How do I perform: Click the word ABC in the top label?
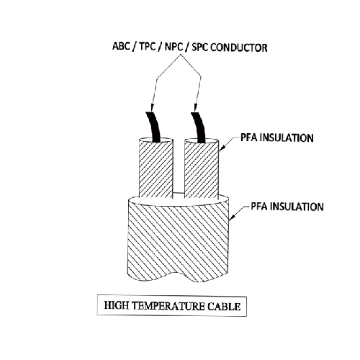tap(121, 46)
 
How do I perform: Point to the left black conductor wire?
tap(153, 127)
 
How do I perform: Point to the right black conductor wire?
tap(198, 127)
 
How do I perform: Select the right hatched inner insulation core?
tap(202, 168)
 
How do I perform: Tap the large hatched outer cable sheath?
tap(179, 240)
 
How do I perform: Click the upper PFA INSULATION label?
tap(277, 138)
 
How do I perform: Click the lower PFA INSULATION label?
tap(287, 207)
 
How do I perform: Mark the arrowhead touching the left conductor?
tap(151, 107)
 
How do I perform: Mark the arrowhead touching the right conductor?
tap(196, 108)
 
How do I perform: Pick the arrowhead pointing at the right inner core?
tap(222, 148)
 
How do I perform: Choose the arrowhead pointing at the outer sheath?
tap(232, 217)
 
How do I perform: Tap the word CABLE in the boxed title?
tap(224, 307)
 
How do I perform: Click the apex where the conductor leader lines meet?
tap(181, 55)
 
